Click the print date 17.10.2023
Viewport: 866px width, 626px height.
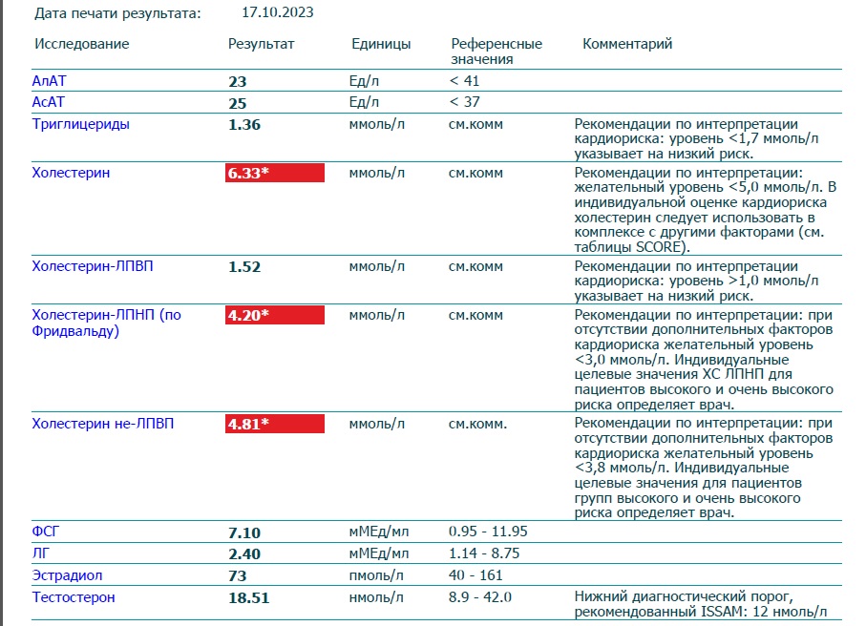pos(277,12)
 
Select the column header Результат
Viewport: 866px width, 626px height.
pos(262,44)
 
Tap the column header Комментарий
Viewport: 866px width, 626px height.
pos(627,44)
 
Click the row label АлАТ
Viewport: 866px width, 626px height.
pos(49,81)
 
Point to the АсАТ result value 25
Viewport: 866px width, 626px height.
pos(238,103)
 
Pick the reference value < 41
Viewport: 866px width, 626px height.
pos(464,81)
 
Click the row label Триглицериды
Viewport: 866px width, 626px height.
pos(80,124)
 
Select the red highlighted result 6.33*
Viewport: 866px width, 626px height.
pos(274,173)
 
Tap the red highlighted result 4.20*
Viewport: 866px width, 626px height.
pos(274,315)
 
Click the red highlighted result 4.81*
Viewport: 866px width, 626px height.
pos(274,424)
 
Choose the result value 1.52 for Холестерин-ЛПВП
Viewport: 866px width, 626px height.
pos(244,266)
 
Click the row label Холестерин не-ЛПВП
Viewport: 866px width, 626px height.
pos(103,424)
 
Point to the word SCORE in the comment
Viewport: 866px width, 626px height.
pos(661,247)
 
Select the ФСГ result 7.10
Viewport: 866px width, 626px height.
pos(244,532)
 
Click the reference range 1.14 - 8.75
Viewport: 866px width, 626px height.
pos(484,553)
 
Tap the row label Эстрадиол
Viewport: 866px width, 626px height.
pos(67,575)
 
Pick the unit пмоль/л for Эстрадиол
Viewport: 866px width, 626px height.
pos(376,575)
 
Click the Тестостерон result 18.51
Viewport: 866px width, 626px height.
pos(249,597)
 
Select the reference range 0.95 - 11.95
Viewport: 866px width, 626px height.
pos(488,532)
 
